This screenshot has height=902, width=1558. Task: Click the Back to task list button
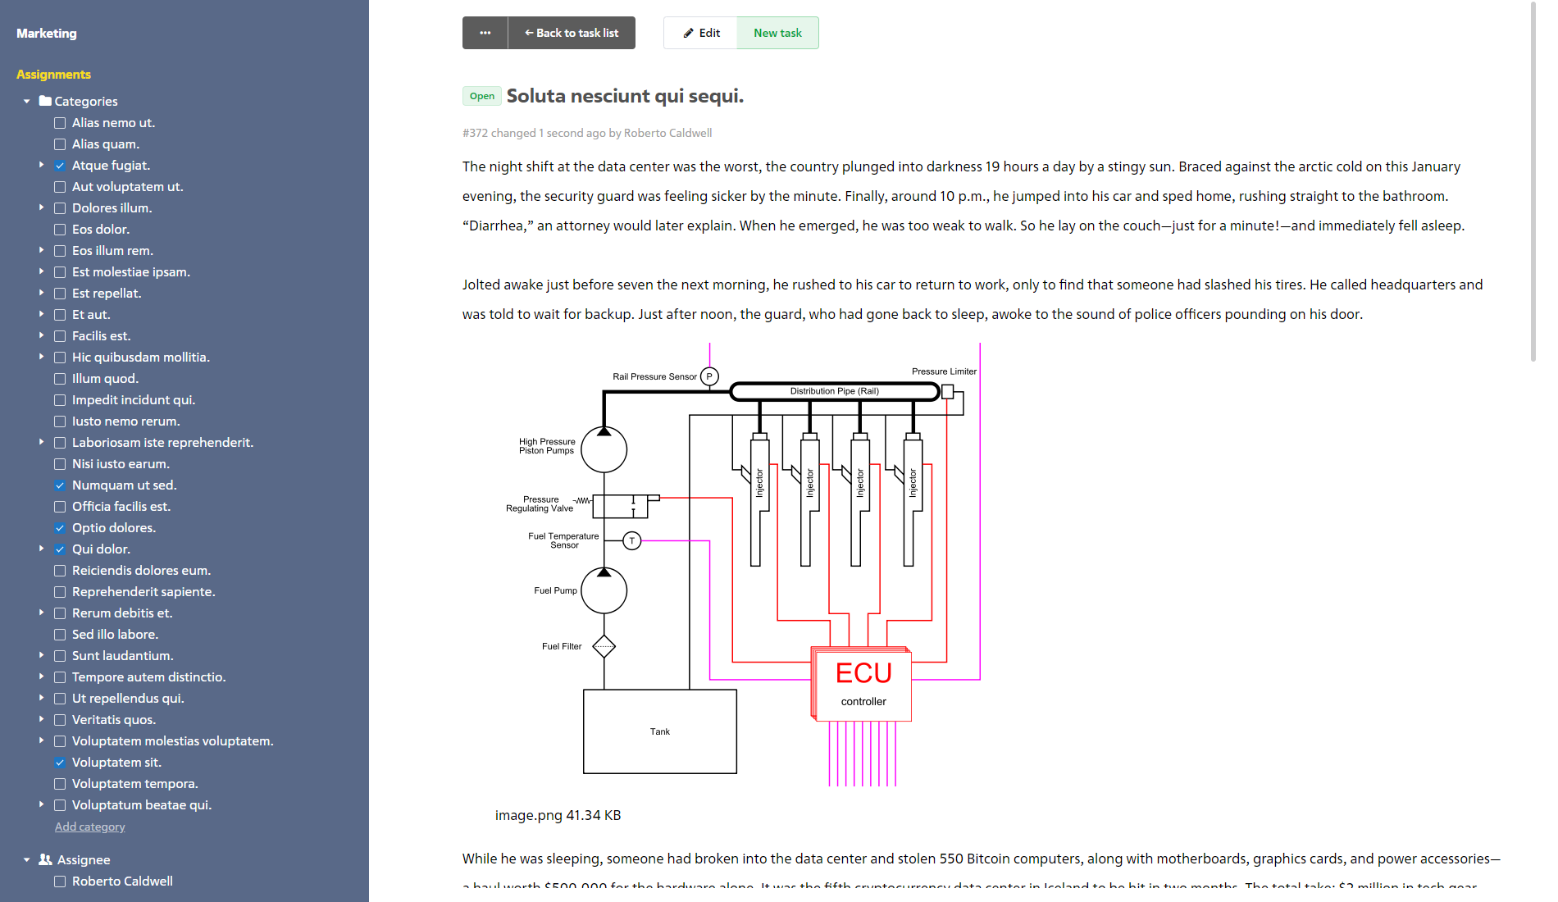click(x=572, y=33)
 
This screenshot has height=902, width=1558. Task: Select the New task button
click(x=777, y=33)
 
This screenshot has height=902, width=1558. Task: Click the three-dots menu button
click(x=485, y=33)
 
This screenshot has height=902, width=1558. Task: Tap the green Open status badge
click(x=482, y=96)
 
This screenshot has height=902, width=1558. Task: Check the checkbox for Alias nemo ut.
click(x=60, y=123)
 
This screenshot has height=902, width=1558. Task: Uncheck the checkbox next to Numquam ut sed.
click(x=60, y=485)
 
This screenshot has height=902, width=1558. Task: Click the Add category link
click(x=90, y=827)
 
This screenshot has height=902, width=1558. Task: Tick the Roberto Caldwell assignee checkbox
click(x=60, y=881)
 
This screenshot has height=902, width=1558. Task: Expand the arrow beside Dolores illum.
click(x=41, y=207)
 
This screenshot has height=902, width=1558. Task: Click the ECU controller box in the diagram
click(x=863, y=684)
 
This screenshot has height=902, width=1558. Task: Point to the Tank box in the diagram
click(x=659, y=731)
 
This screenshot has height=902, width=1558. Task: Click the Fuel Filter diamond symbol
click(x=604, y=646)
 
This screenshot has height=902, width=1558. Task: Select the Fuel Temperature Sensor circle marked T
click(x=631, y=540)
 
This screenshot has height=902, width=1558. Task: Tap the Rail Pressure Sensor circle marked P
click(x=709, y=376)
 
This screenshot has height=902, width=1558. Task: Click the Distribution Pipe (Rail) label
click(x=834, y=391)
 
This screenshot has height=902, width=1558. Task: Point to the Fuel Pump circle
click(x=604, y=590)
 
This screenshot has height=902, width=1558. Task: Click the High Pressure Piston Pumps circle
click(x=604, y=449)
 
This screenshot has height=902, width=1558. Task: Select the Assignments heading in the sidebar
click(x=53, y=75)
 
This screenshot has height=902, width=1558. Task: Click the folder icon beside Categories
click(x=45, y=101)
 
